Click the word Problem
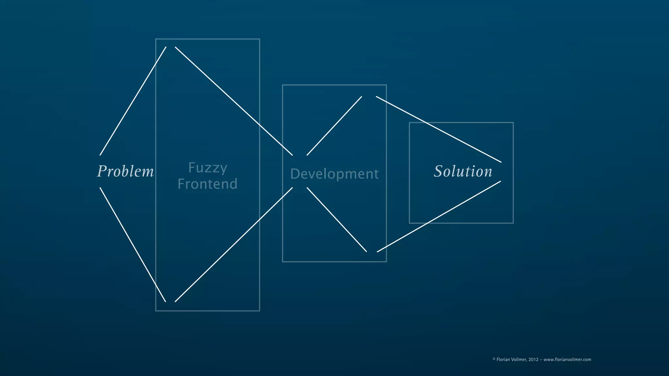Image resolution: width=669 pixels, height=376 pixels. [x=125, y=171]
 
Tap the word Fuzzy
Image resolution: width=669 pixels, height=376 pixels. [x=208, y=168]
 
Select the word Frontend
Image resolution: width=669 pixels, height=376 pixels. [x=207, y=184]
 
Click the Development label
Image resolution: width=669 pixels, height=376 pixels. [x=334, y=174]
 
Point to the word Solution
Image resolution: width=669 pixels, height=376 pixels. [x=463, y=171]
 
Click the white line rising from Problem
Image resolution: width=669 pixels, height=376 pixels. [x=133, y=101]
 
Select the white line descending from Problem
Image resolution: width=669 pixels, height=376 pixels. [x=133, y=244]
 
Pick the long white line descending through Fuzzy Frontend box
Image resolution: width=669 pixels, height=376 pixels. [x=234, y=101]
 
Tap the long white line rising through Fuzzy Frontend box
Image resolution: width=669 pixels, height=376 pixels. [x=234, y=244]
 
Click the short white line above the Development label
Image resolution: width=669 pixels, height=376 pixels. [x=334, y=126]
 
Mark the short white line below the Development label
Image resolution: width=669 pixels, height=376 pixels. [x=336, y=219]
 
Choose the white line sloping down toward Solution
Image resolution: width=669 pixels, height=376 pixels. [x=438, y=129]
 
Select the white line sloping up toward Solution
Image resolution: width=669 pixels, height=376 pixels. [x=439, y=217]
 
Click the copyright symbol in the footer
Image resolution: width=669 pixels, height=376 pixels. [x=494, y=359]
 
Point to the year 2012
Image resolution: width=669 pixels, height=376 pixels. [x=533, y=360]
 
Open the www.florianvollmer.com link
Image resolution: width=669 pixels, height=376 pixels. [x=567, y=360]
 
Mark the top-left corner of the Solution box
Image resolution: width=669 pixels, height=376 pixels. [x=409, y=123]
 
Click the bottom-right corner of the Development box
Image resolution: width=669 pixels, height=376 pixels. [x=386, y=262]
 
